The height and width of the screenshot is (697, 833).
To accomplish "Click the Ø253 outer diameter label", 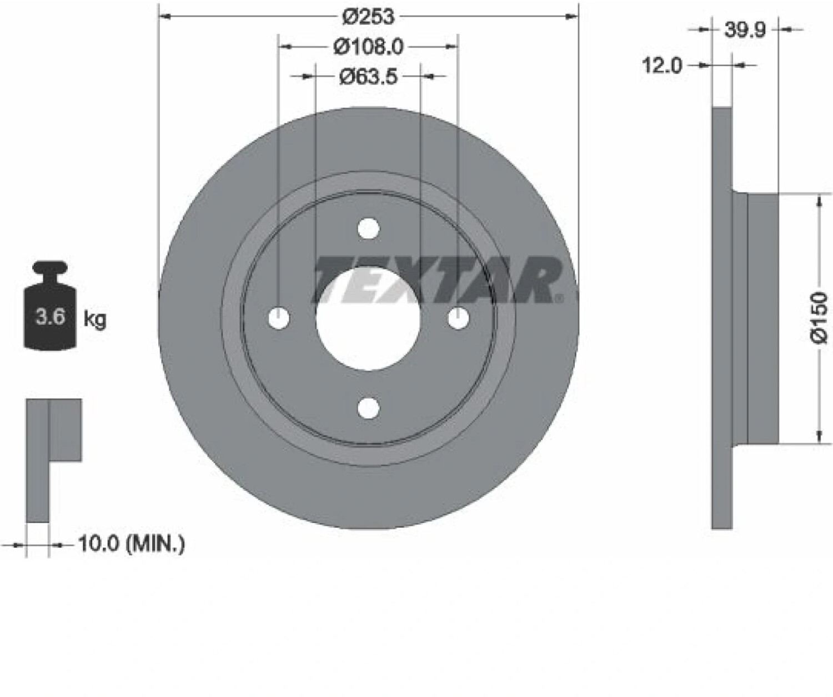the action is pos(368,16).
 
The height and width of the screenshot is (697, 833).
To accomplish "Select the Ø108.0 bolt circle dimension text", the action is pos(369,47).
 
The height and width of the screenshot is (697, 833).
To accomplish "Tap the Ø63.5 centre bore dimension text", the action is pos(368,76).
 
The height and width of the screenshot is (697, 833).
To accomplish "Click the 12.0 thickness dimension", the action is pos(662,65).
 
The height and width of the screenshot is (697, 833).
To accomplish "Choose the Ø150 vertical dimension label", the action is pos(819,318).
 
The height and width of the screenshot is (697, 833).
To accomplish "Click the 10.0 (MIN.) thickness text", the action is pos(132,544).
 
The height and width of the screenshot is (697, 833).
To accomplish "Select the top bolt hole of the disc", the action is pos(368,228).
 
